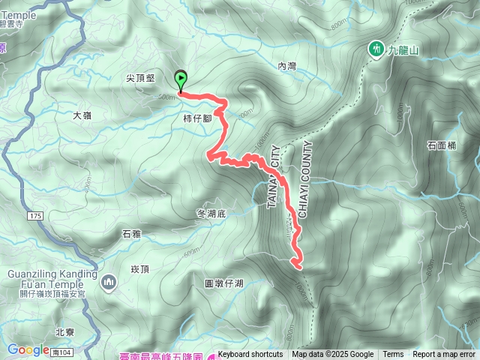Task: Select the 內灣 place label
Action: click(287, 67)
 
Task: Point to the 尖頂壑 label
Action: click(141, 77)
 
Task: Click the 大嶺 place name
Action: click(82, 115)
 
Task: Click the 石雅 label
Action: click(130, 235)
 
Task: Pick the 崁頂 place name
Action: click(140, 268)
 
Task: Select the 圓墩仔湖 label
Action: click(223, 283)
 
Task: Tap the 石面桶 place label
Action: click(441, 145)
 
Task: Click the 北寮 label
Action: click(65, 331)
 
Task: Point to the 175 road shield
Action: click(34, 216)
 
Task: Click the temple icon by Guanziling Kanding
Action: click(109, 281)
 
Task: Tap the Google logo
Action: click(28, 349)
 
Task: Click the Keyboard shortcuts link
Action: click(250, 355)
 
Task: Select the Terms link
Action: click(393, 355)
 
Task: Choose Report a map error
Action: click(444, 355)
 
